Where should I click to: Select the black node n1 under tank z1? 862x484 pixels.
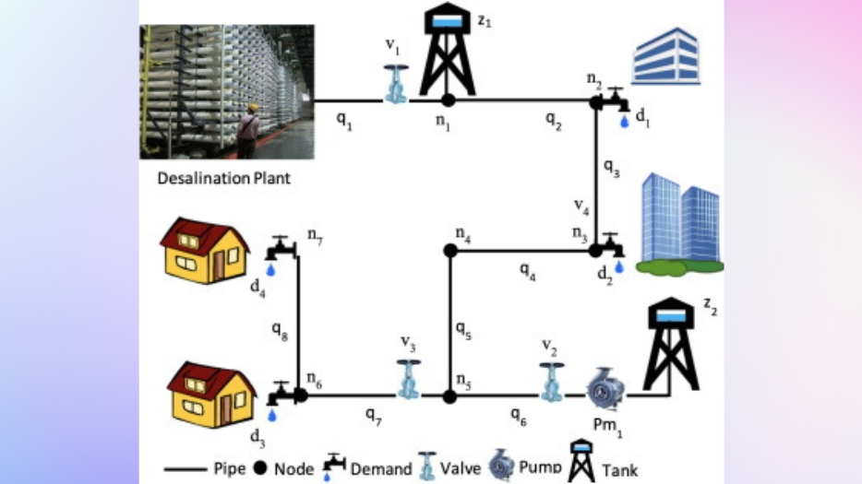pos(448,100)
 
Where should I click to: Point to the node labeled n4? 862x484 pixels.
pos(449,250)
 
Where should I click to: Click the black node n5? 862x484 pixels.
pos(449,396)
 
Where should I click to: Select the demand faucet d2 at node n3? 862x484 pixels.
pos(614,251)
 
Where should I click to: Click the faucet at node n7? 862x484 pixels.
pos(280,251)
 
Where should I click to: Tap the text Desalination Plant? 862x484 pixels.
pos(223,179)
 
